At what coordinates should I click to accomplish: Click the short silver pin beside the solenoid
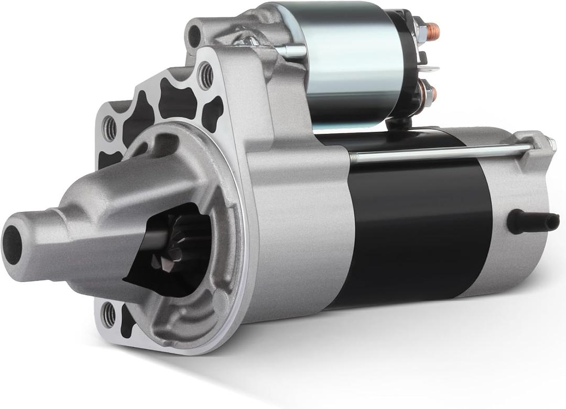click(293, 50)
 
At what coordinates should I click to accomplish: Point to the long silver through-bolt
click(440, 153)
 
